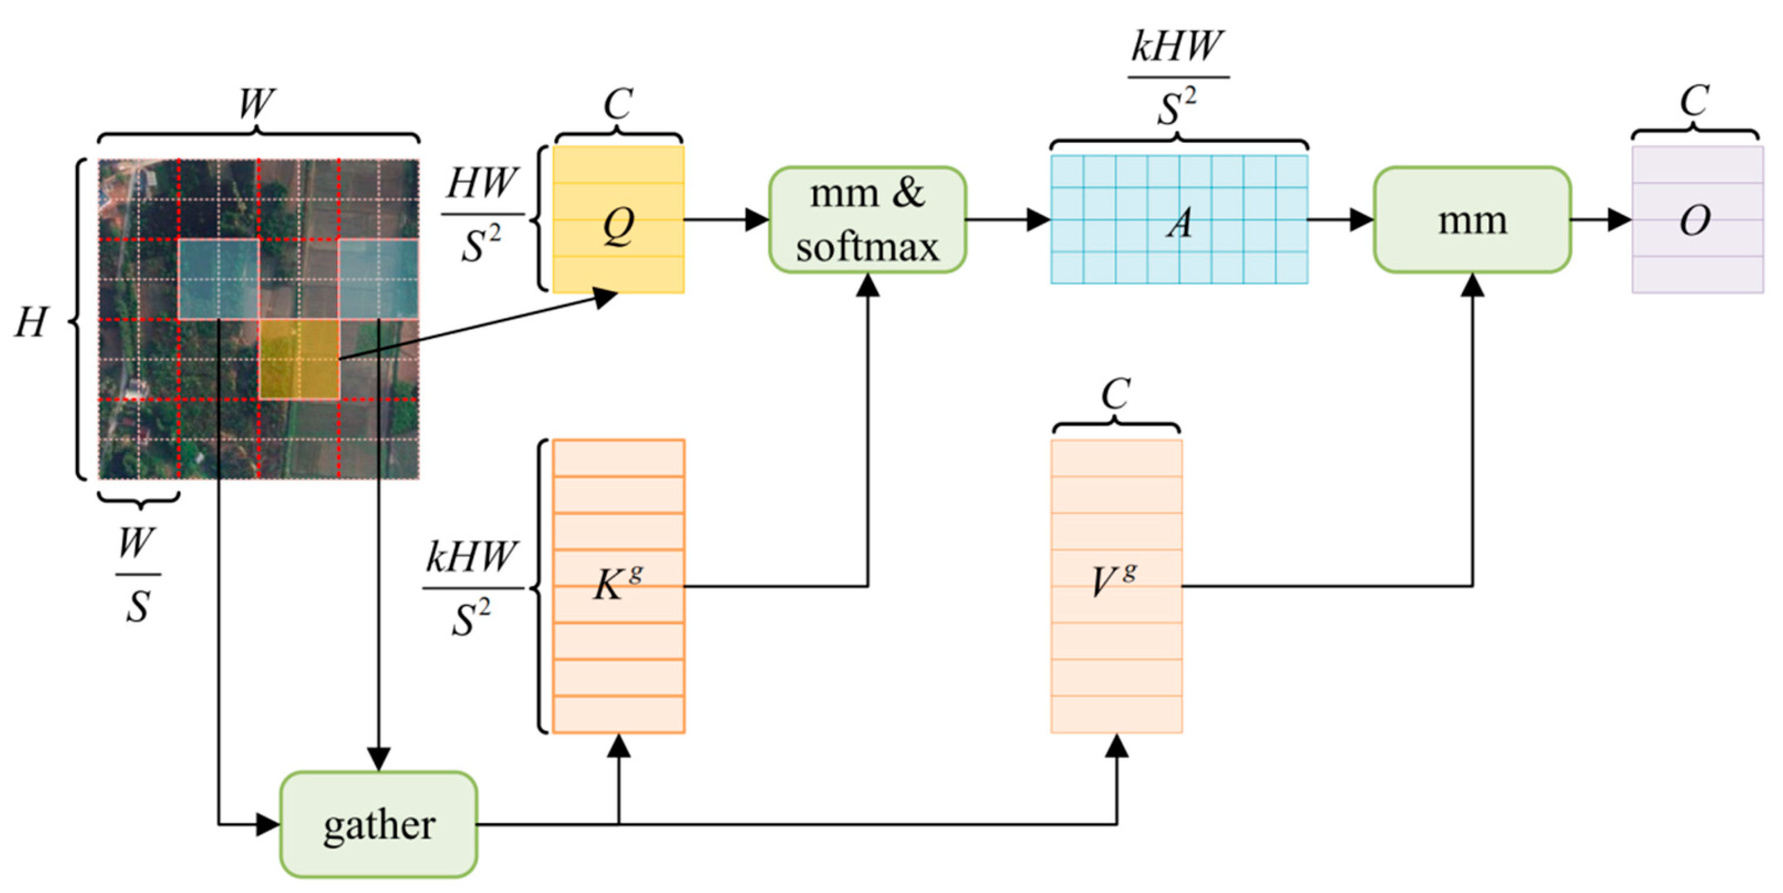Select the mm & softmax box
[867, 219]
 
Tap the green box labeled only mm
[1472, 219]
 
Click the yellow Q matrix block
[618, 219]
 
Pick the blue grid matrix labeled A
[1179, 219]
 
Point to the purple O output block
[1697, 219]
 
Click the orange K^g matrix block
[618, 586]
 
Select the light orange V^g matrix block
[1116, 586]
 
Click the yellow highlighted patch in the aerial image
[299, 359]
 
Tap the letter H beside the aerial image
[32, 322]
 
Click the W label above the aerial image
[255, 104]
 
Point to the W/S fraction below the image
[137, 575]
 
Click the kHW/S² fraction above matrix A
[1177, 76]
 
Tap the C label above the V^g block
[1115, 395]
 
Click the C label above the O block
[1694, 102]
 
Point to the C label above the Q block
[618, 105]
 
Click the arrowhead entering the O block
[1619, 220]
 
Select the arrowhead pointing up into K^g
[618, 747]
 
